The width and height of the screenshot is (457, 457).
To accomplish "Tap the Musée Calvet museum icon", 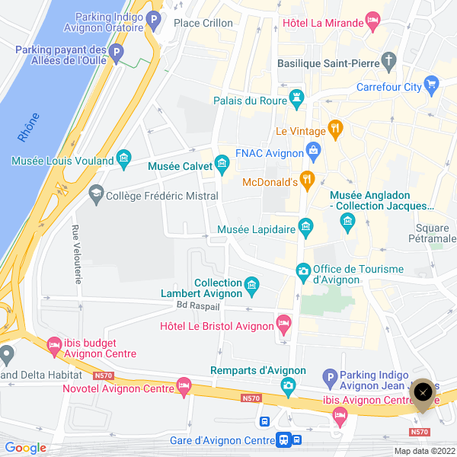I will [222, 162].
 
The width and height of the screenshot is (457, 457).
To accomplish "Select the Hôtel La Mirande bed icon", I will [372, 20].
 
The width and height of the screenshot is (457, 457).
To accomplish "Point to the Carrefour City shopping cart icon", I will [431, 84].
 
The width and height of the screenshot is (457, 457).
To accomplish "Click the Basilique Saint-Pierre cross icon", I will [389, 60].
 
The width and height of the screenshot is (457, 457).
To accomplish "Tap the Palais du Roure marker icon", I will [296, 97].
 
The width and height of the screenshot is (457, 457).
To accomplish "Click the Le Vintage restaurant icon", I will [334, 127].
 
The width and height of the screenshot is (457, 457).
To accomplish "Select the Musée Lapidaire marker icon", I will [305, 225].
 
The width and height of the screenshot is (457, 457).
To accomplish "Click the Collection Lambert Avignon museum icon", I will [252, 286].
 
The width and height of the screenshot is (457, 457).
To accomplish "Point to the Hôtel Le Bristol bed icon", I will [283, 324].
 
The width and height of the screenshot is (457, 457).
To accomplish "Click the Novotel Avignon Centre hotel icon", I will [183, 386].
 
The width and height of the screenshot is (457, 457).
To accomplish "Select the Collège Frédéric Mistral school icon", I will [96, 196].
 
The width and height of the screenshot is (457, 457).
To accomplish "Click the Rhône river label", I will [28, 127].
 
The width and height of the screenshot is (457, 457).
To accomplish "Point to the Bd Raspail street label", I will [197, 306].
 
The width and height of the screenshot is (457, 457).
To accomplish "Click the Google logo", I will [25, 448].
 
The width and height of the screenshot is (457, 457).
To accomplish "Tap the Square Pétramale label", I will [436, 233].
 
